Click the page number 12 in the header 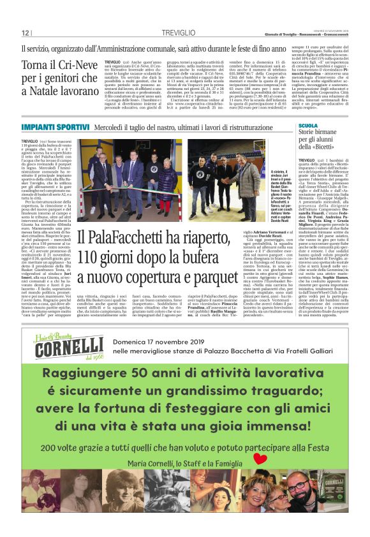pos(26,33)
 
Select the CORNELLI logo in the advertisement pos(70,349)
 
